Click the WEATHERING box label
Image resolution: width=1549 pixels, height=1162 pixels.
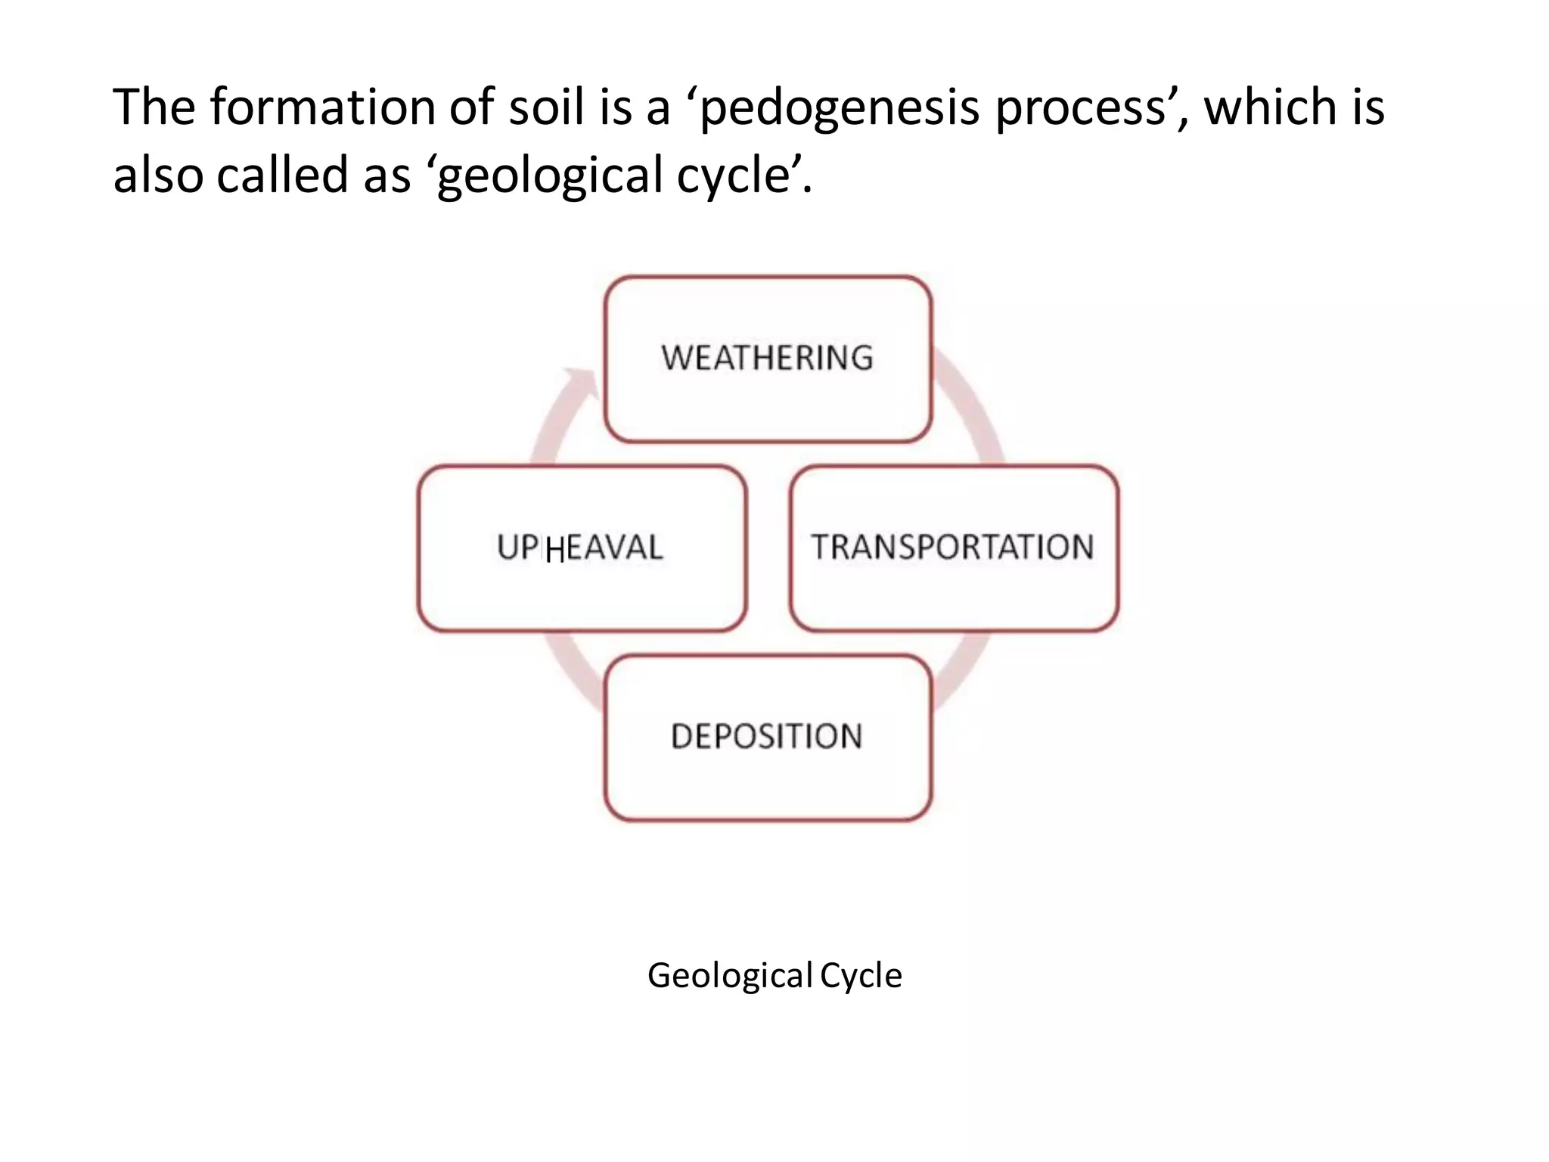[x=767, y=358]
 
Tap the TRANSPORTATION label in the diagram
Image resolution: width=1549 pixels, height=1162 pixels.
[x=953, y=547]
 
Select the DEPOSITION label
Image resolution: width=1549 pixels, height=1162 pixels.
[x=767, y=736]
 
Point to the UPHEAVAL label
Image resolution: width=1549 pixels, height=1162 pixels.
[x=580, y=547]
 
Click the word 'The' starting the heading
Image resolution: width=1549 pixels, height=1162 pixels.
[x=154, y=107]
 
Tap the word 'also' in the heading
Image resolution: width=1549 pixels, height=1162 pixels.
[x=158, y=175]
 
